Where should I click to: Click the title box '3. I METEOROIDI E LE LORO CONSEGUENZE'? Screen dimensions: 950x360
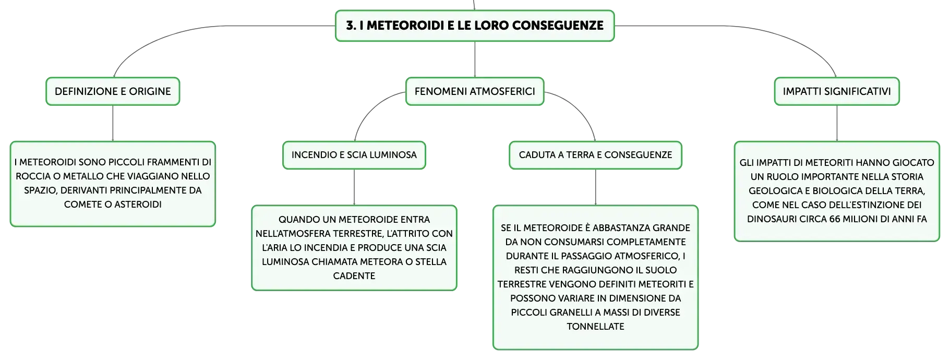point(475,26)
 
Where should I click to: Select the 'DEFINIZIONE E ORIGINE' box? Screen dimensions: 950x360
point(113,91)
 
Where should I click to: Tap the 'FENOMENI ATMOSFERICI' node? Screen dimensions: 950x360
point(475,91)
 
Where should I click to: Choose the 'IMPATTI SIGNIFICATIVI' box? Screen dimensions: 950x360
point(837,91)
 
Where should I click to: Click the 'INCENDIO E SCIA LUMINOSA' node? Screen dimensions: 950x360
point(354,155)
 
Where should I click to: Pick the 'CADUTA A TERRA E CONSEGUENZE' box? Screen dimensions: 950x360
point(595,155)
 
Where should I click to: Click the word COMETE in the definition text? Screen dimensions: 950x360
point(83,205)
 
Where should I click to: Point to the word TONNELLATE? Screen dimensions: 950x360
point(595,327)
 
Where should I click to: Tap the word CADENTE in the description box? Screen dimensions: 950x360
point(354,276)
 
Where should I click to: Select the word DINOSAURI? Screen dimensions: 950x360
point(768,219)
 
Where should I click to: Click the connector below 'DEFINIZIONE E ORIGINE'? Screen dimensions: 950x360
point(113,123)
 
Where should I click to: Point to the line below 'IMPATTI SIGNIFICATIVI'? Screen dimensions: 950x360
point(837,123)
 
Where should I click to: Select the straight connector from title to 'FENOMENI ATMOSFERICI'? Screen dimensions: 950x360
point(475,59)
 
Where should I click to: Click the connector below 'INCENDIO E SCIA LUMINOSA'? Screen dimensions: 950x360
point(354,187)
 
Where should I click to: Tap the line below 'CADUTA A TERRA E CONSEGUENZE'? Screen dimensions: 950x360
point(595,187)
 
